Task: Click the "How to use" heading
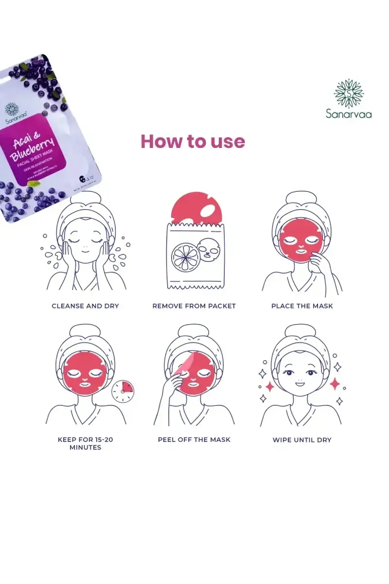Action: pyautogui.click(x=193, y=141)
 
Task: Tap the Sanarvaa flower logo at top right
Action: pyautogui.click(x=349, y=93)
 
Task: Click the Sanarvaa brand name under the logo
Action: pyautogui.click(x=349, y=114)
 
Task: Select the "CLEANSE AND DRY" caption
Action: pyautogui.click(x=86, y=306)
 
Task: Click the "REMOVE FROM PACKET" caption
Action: pyautogui.click(x=194, y=306)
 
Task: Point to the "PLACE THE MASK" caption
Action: pyautogui.click(x=302, y=306)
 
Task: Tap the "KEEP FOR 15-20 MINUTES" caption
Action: pyautogui.click(x=86, y=443)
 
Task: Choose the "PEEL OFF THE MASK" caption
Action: pyautogui.click(x=194, y=439)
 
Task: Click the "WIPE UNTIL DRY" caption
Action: pyautogui.click(x=302, y=440)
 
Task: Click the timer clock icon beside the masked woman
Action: pyautogui.click(x=123, y=391)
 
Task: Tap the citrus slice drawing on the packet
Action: pyautogui.click(x=184, y=256)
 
